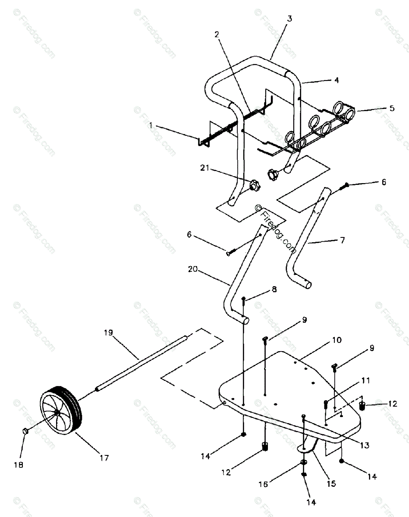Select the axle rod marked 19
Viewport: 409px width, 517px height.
(x=142, y=362)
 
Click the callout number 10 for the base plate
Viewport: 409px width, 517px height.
(x=337, y=340)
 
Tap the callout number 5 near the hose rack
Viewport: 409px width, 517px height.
(x=391, y=108)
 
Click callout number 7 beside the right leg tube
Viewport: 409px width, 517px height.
(x=343, y=240)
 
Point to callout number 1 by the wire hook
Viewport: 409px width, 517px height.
(x=151, y=125)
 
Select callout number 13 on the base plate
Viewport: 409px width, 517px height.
(x=365, y=446)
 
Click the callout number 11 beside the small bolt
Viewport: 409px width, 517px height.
(x=366, y=380)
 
